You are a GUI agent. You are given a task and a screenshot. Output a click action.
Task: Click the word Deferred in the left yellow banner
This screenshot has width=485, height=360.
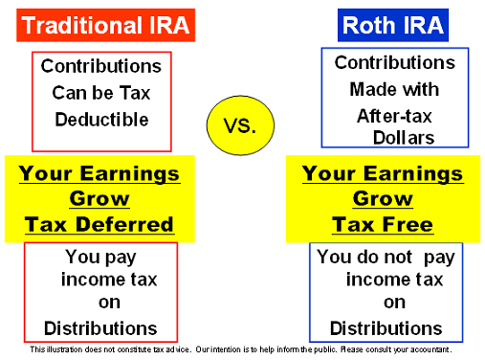(128, 226)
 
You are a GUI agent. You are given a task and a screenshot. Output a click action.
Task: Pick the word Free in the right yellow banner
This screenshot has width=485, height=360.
(409, 226)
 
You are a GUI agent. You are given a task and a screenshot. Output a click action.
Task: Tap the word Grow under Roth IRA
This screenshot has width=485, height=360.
(382, 200)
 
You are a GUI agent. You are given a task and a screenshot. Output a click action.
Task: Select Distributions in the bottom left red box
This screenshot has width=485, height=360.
(100, 328)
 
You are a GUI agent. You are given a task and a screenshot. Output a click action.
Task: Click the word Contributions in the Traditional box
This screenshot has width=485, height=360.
(101, 67)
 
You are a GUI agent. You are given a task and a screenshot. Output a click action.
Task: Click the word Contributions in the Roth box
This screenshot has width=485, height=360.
(395, 63)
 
